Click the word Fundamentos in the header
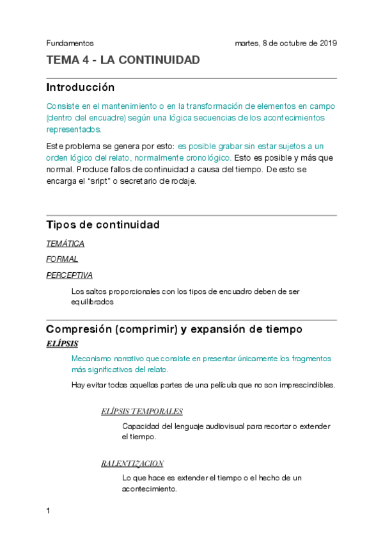[x=70, y=44]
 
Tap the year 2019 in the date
[x=327, y=44]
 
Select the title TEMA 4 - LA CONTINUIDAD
[x=123, y=60]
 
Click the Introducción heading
[x=80, y=87]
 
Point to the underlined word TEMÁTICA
[x=65, y=243]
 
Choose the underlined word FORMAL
[x=62, y=259]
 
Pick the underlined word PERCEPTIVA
[x=69, y=275]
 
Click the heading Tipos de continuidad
[x=102, y=225]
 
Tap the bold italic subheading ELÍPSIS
[x=62, y=344]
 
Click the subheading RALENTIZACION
[x=132, y=463]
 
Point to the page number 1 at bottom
[x=49, y=511]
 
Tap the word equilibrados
[x=93, y=302]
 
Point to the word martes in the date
[x=247, y=44]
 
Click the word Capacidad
[x=141, y=426]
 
